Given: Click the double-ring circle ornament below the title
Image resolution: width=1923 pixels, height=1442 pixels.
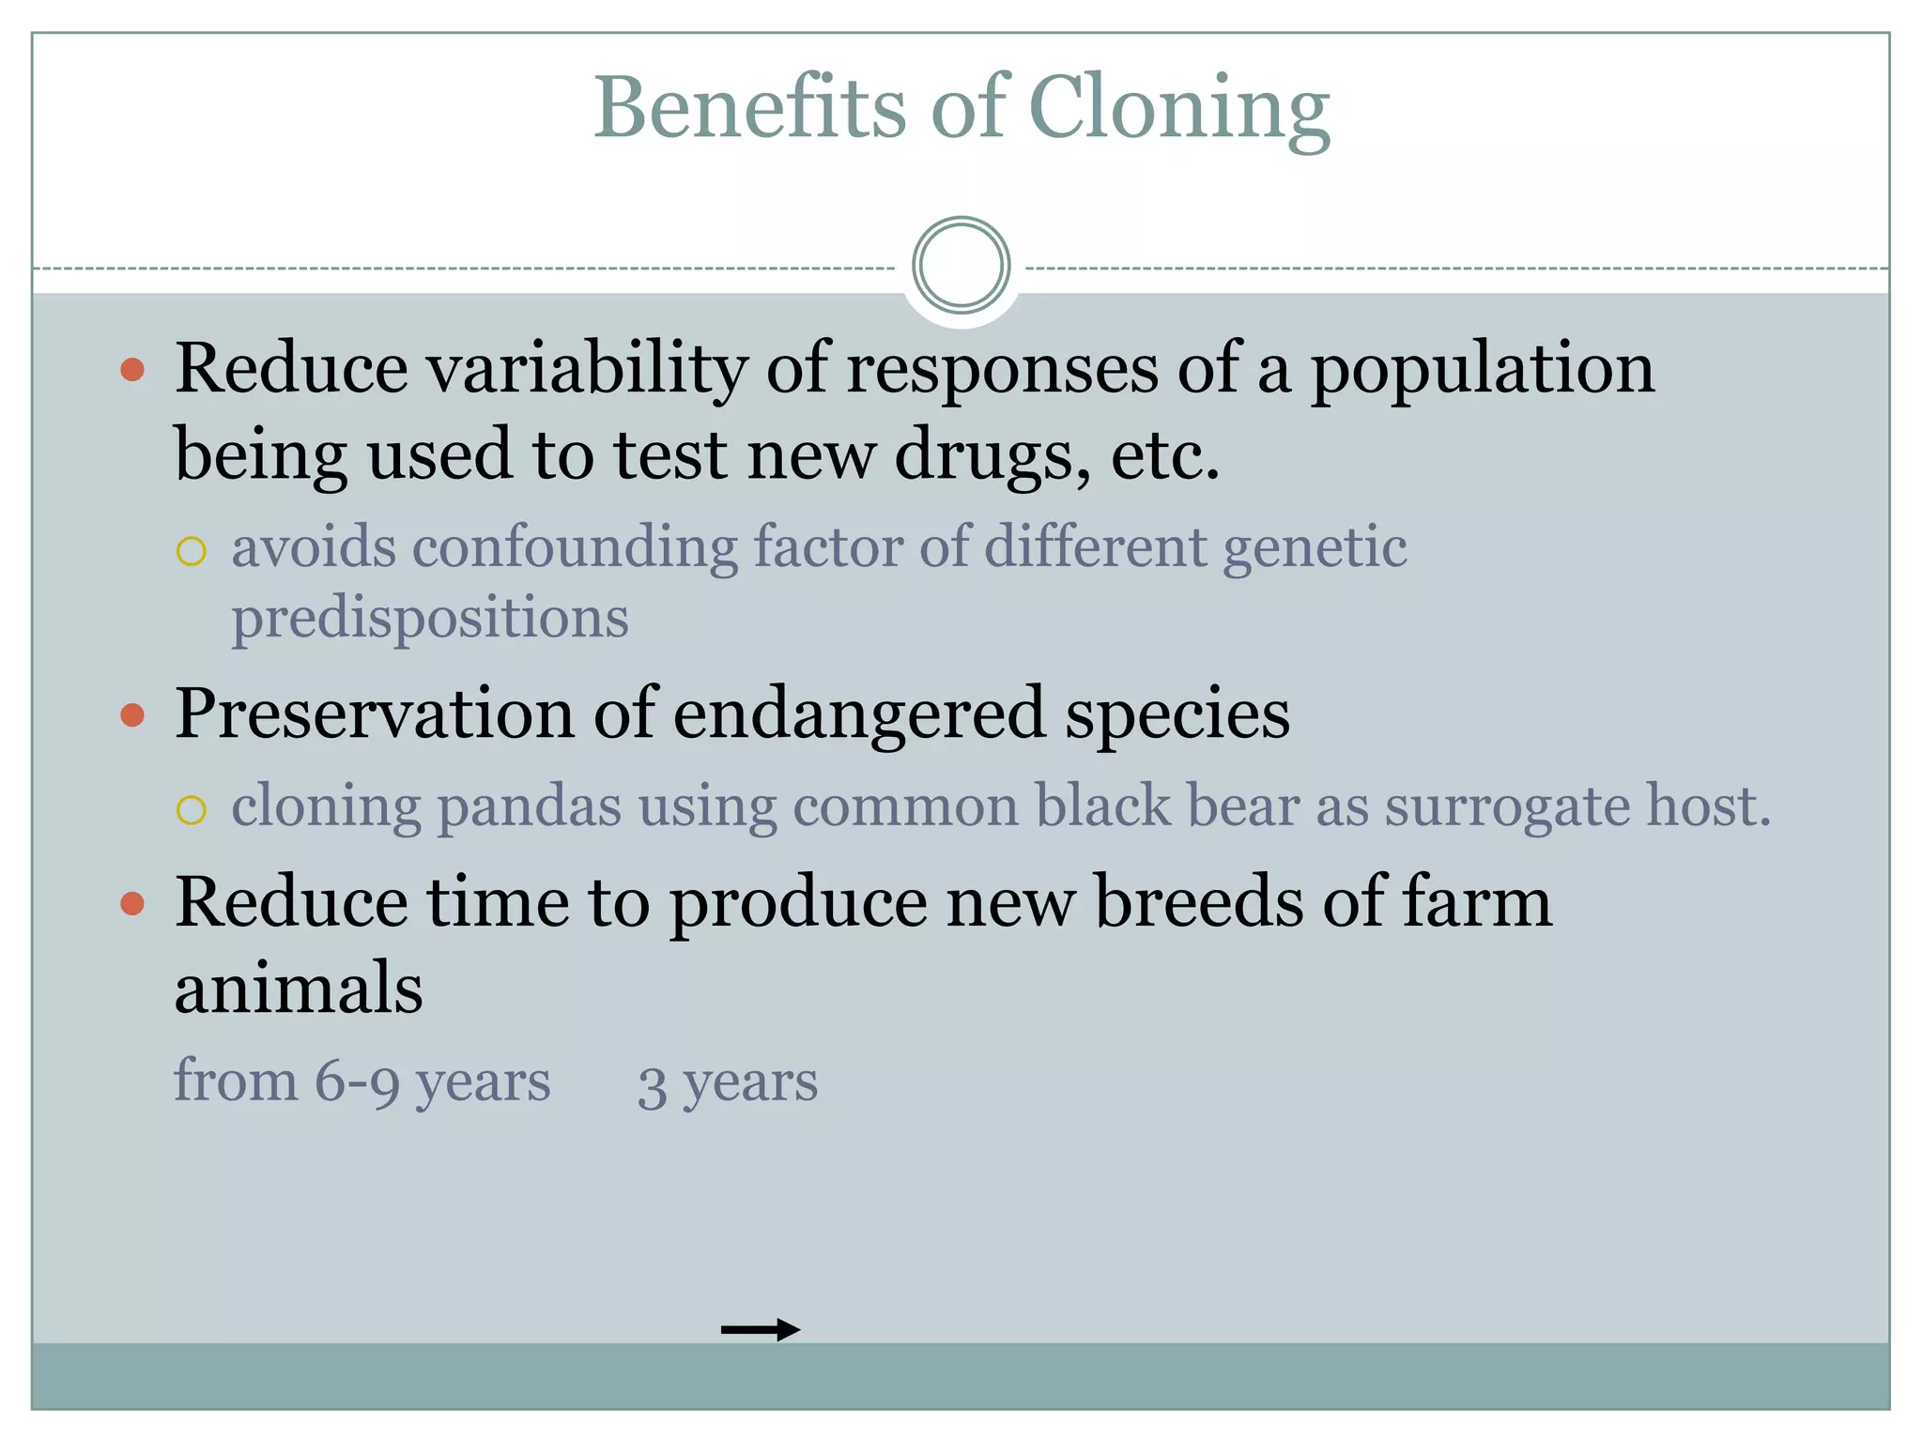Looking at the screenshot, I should [x=961, y=266].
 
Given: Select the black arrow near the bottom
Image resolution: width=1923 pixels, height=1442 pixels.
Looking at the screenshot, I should [x=760, y=1329].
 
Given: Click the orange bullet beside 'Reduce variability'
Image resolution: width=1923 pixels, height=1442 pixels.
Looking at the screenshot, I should [x=133, y=369].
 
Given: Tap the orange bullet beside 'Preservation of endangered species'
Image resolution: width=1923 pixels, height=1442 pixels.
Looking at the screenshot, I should [x=133, y=716].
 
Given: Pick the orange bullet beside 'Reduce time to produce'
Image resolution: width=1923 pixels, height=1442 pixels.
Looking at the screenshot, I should [x=133, y=904].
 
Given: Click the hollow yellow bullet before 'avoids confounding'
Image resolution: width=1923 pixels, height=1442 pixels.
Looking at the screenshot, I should [x=192, y=551].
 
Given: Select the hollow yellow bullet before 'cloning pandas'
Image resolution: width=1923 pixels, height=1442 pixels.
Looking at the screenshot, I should [x=192, y=809].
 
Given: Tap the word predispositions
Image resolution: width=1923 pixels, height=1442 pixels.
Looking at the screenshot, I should [x=430, y=619].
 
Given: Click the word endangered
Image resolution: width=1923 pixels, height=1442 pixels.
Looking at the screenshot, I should [x=859, y=713].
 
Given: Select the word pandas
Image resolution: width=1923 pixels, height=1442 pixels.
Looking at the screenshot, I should [x=530, y=806].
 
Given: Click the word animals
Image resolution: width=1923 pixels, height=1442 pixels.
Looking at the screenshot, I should [x=299, y=989].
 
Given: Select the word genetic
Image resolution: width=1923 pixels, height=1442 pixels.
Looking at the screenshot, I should [x=1315, y=548].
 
